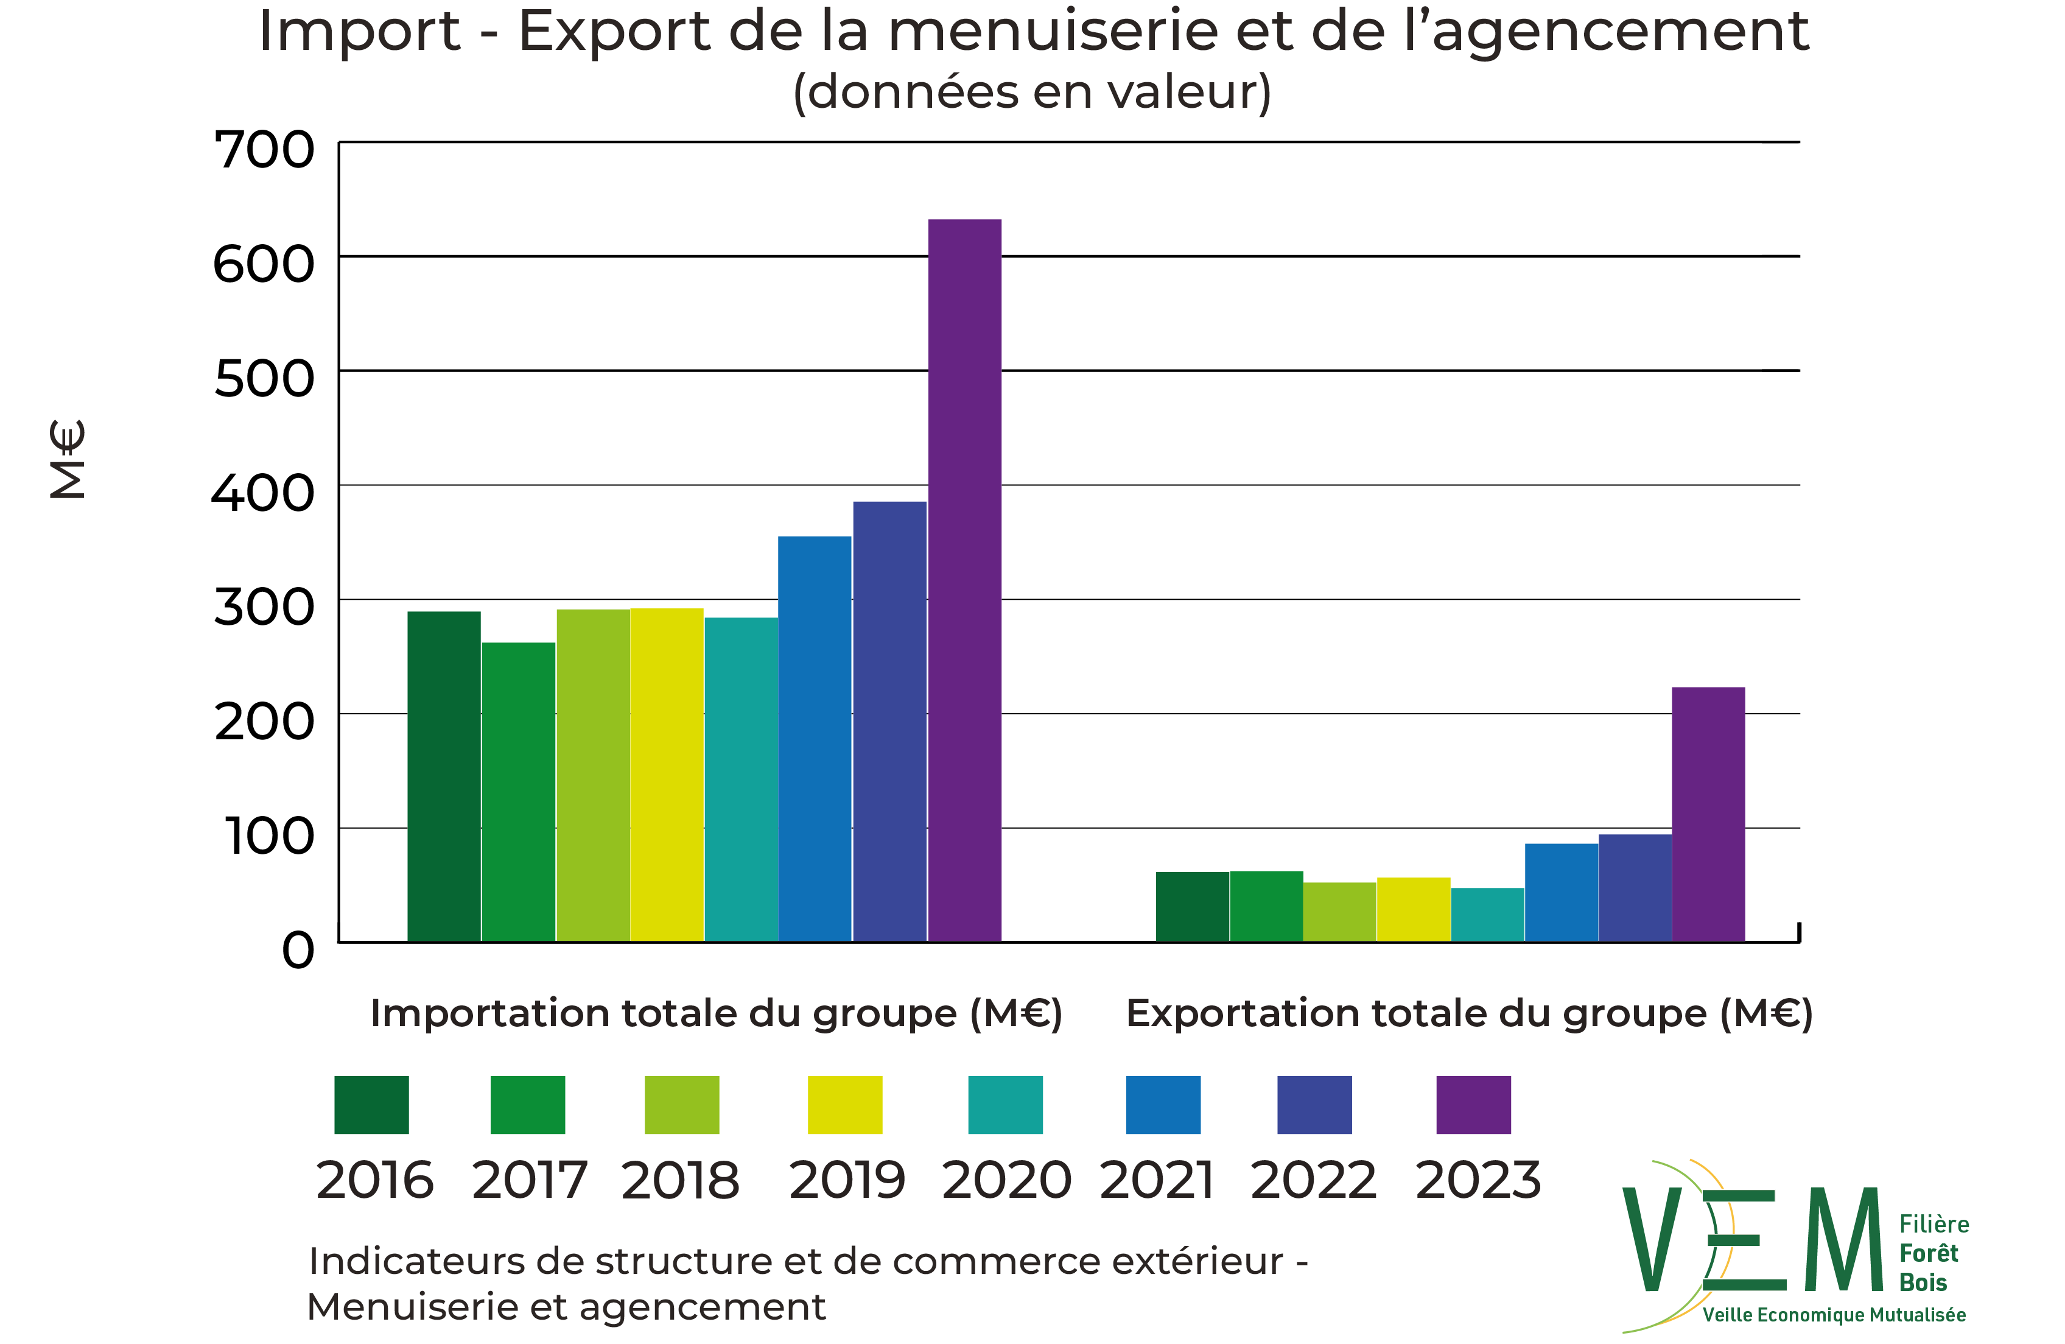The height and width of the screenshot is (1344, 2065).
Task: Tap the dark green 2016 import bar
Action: (443, 776)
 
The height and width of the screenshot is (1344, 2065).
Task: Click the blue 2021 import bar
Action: (814, 737)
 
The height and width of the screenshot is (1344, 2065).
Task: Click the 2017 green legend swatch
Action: (528, 1105)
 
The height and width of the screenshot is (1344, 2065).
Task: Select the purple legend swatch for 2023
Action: (1473, 1105)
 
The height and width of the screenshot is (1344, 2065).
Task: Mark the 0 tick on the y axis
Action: (298, 951)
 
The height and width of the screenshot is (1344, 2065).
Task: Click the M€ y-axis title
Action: (68, 460)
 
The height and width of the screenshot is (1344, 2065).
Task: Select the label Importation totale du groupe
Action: (716, 1013)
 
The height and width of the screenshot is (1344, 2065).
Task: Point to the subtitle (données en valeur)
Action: (1032, 92)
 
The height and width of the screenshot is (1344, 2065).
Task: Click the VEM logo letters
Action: (1753, 1240)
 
